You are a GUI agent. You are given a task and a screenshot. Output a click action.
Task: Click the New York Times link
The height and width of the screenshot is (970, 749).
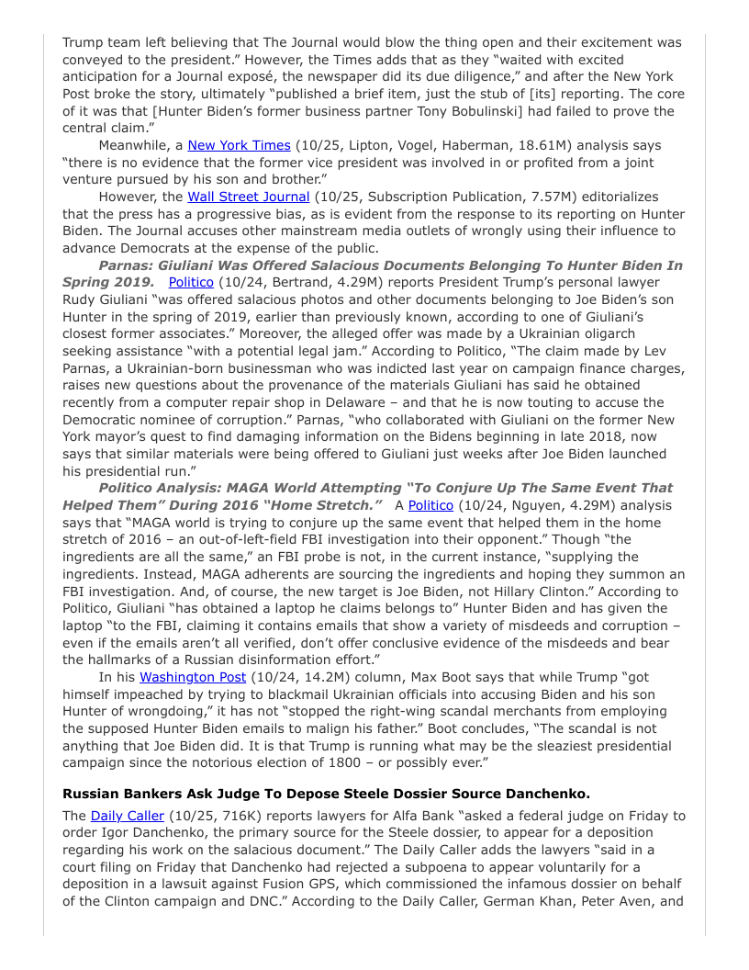click(239, 145)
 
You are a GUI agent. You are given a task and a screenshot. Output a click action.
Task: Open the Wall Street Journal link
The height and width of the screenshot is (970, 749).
click(248, 197)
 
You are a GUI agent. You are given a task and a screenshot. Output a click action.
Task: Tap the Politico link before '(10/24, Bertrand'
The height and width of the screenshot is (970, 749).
click(191, 282)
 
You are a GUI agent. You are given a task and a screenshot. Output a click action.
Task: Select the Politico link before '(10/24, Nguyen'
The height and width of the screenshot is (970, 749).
click(430, 505)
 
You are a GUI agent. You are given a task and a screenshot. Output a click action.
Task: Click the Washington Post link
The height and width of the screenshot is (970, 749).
click(193, 677)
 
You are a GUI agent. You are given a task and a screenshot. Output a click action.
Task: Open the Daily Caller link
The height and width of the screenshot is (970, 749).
click(128, 815)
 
